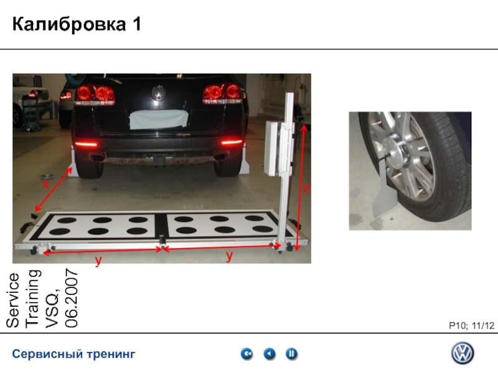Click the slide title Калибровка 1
[77, 24]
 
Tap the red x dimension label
[46, 185]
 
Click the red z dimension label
[306, 189]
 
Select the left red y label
[98, 261]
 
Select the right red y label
[229, 256]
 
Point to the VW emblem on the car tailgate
[158, 93]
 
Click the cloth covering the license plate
[159, 119]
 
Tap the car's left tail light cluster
[95, 94]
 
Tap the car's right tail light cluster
[222, 93]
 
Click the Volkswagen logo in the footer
[463, 353]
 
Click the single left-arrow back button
[270, 353]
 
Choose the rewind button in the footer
[247, 353]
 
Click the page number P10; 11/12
[472, 325]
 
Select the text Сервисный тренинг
[73, 353]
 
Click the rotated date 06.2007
[72, 298]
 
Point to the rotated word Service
[12, 300]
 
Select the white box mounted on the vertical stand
[273, 148]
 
